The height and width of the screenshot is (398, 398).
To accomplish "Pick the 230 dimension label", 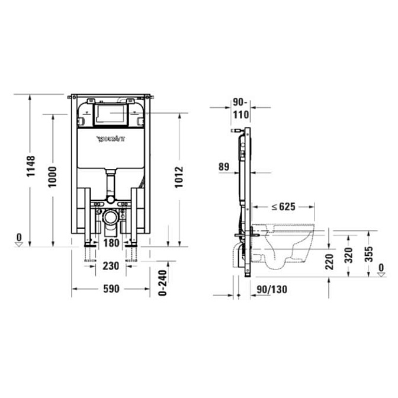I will point(111,267).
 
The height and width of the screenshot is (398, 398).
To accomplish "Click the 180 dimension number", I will point(111,242).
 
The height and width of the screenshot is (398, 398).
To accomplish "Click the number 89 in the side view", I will point(223,167).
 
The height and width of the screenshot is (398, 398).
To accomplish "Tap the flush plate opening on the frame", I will point(111,114).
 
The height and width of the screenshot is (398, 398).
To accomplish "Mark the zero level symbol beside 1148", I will point(20,240).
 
